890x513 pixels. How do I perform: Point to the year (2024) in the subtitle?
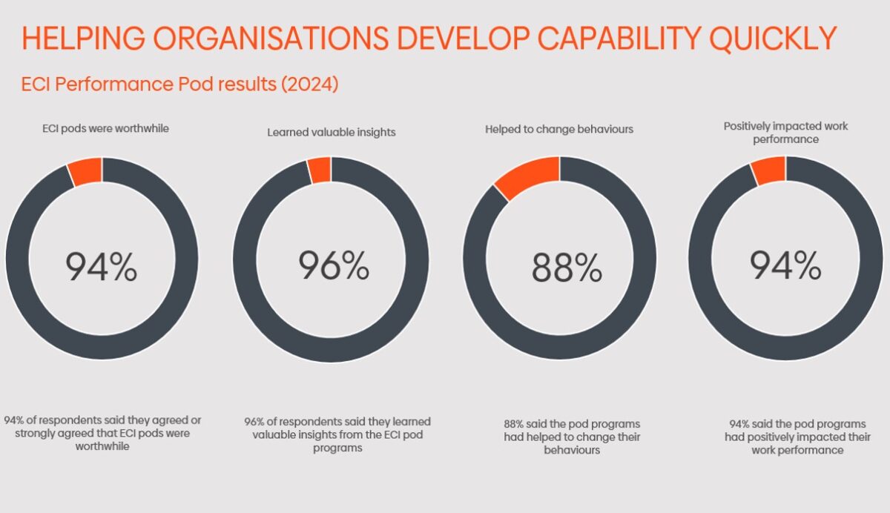(x=309, y=85)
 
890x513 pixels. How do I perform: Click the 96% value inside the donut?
(x=334, y=265)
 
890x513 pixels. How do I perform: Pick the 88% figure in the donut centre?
(x=567, y=268)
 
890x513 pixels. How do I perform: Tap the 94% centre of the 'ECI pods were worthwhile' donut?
(x=102, y=267)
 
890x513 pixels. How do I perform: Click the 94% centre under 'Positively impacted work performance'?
(x=785, y=265)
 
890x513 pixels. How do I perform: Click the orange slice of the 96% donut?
(x=320, y=170)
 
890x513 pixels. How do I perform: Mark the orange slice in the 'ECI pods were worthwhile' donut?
(x=85, y=171)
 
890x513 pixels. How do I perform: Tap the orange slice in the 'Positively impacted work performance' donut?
(x=768, y=171)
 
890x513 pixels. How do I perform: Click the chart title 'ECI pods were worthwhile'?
(x=105, y=128)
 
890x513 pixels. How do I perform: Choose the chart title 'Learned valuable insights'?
(x=332, y=133)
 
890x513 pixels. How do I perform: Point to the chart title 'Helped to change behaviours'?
(x=559, y=129)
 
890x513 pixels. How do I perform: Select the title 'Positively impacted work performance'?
(x=785, y=133)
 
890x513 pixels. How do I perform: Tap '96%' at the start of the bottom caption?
(x=256, y=422)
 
